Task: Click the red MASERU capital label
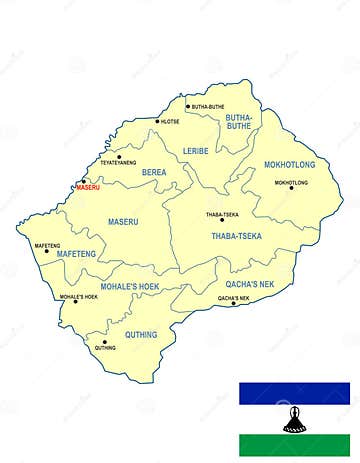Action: click(88, 187)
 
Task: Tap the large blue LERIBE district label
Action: click(196, 150)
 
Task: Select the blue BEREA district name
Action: click(154, 172)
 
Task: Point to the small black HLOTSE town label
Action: click(170, 122)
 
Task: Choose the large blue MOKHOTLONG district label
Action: click(290, 163)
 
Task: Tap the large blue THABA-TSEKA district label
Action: click(236, 236)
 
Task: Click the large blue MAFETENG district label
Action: click(76, 254)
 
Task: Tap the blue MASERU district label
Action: click(123, 220)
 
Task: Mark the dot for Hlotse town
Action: click(157, 122)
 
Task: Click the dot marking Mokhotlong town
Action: click(291, 188)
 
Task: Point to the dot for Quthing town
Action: click(103, 342)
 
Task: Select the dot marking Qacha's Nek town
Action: click(234, 303)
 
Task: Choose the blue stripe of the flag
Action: click(294, 393)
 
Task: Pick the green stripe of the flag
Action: click(294, 445)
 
